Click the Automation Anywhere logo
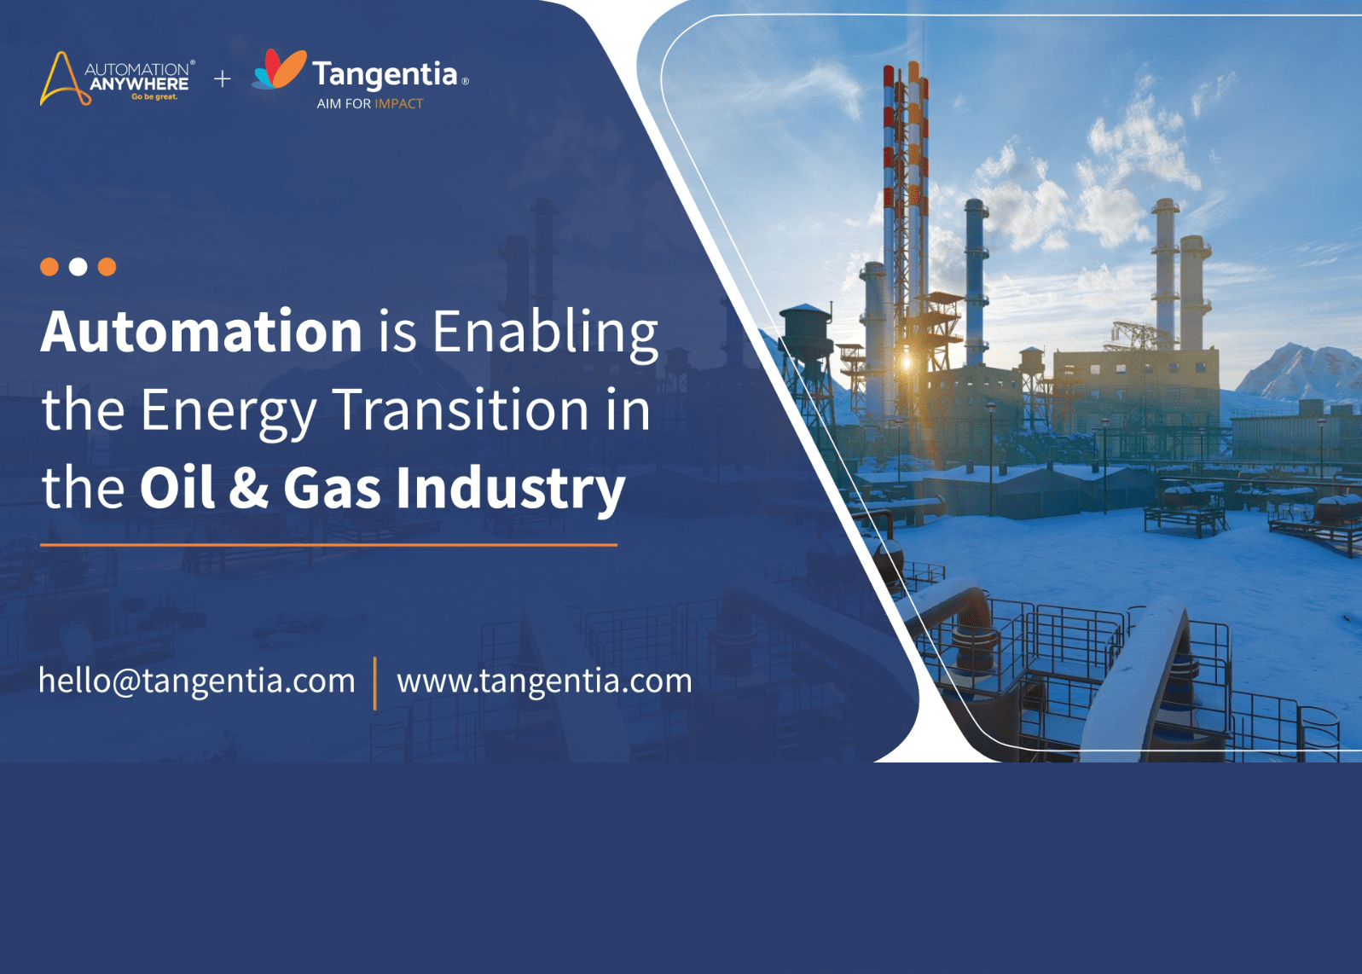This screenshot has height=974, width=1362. pos(118,78)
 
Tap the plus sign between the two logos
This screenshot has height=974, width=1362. pos(223,78)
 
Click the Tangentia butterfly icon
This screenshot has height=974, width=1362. pos(279,69)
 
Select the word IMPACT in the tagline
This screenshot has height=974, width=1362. pos(399,104)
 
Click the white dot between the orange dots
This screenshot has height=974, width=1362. pos(78,267)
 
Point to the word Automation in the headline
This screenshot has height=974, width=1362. pos(201,332)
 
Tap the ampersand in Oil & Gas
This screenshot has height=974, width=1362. pos(249,488)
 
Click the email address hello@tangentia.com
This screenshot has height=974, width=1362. pos(197,681)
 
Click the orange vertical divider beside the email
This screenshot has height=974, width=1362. pos(375,683)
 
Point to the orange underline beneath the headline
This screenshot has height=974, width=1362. pos(329,545)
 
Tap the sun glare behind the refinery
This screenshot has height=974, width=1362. pos(907,363)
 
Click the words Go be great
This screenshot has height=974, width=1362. pos(154,97)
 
